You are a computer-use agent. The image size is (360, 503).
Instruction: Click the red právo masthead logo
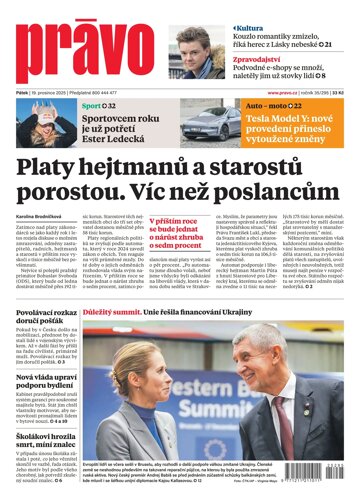tap(80, 56)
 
